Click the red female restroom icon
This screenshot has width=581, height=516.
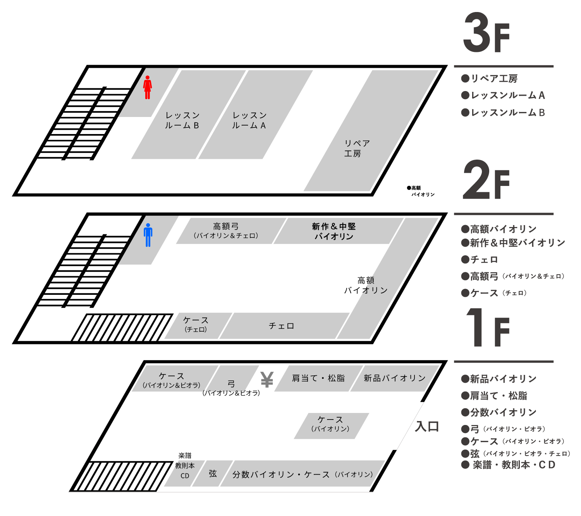[x=147, y=88]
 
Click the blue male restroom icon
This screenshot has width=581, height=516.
[x=148, y=235]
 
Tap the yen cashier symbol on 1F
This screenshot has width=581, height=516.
[x=267, y=380]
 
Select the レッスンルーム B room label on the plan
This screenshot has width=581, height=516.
[x=182, y=120]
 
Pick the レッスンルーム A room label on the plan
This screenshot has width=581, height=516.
[x=249, y=120]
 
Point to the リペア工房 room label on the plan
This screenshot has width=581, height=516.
[x=356, y=148]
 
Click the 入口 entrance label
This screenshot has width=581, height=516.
[x=427, y=427]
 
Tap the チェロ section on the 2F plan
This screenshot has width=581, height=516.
[x=282, y=326]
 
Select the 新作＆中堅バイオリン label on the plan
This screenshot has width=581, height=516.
[x=334, y=231]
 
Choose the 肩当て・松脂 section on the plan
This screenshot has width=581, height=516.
[x=318, y=378]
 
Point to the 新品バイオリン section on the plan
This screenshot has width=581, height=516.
[x=394, y=378]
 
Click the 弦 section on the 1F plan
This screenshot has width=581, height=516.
[x=213, y=474]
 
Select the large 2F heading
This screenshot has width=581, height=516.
[x=486, y=180]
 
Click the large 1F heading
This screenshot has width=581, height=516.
[x=487, y=328]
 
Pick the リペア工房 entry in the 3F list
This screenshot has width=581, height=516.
[x=494, y=79]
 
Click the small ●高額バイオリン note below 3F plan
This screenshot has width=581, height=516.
[x=421, y=191]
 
